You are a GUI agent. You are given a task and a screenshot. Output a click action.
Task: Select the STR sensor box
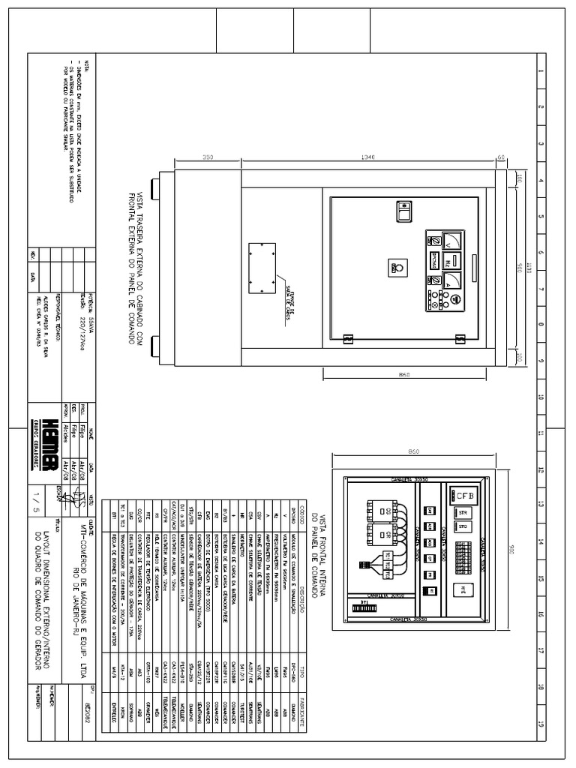[x=462, y=513]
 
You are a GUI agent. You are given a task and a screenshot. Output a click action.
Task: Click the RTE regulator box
[x=463, y=588]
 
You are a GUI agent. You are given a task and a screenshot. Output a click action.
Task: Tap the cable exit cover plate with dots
[x=260, y=268]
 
